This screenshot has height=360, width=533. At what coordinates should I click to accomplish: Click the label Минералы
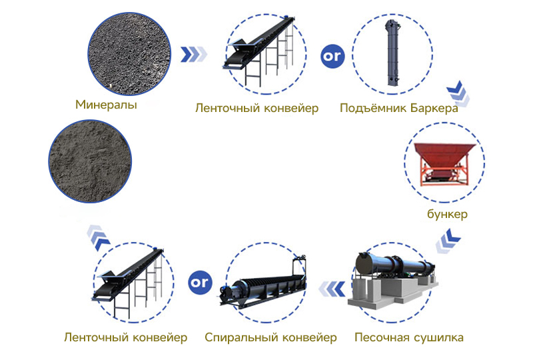(x=107, y=105)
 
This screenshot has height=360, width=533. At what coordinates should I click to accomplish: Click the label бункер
(x=448, y=214)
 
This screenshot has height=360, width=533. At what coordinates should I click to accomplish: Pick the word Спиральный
(x=239, y=337)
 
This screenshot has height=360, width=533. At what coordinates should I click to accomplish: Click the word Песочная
(x=381, y=337)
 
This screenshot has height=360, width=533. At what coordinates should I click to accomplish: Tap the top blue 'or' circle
(x=332, y=56)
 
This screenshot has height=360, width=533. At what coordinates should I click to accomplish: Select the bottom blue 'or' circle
(x=199, y=282)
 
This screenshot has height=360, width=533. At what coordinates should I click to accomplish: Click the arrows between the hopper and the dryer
(x=453, y=236)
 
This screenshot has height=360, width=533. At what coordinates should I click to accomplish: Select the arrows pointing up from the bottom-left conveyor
(x=98, y=234)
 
